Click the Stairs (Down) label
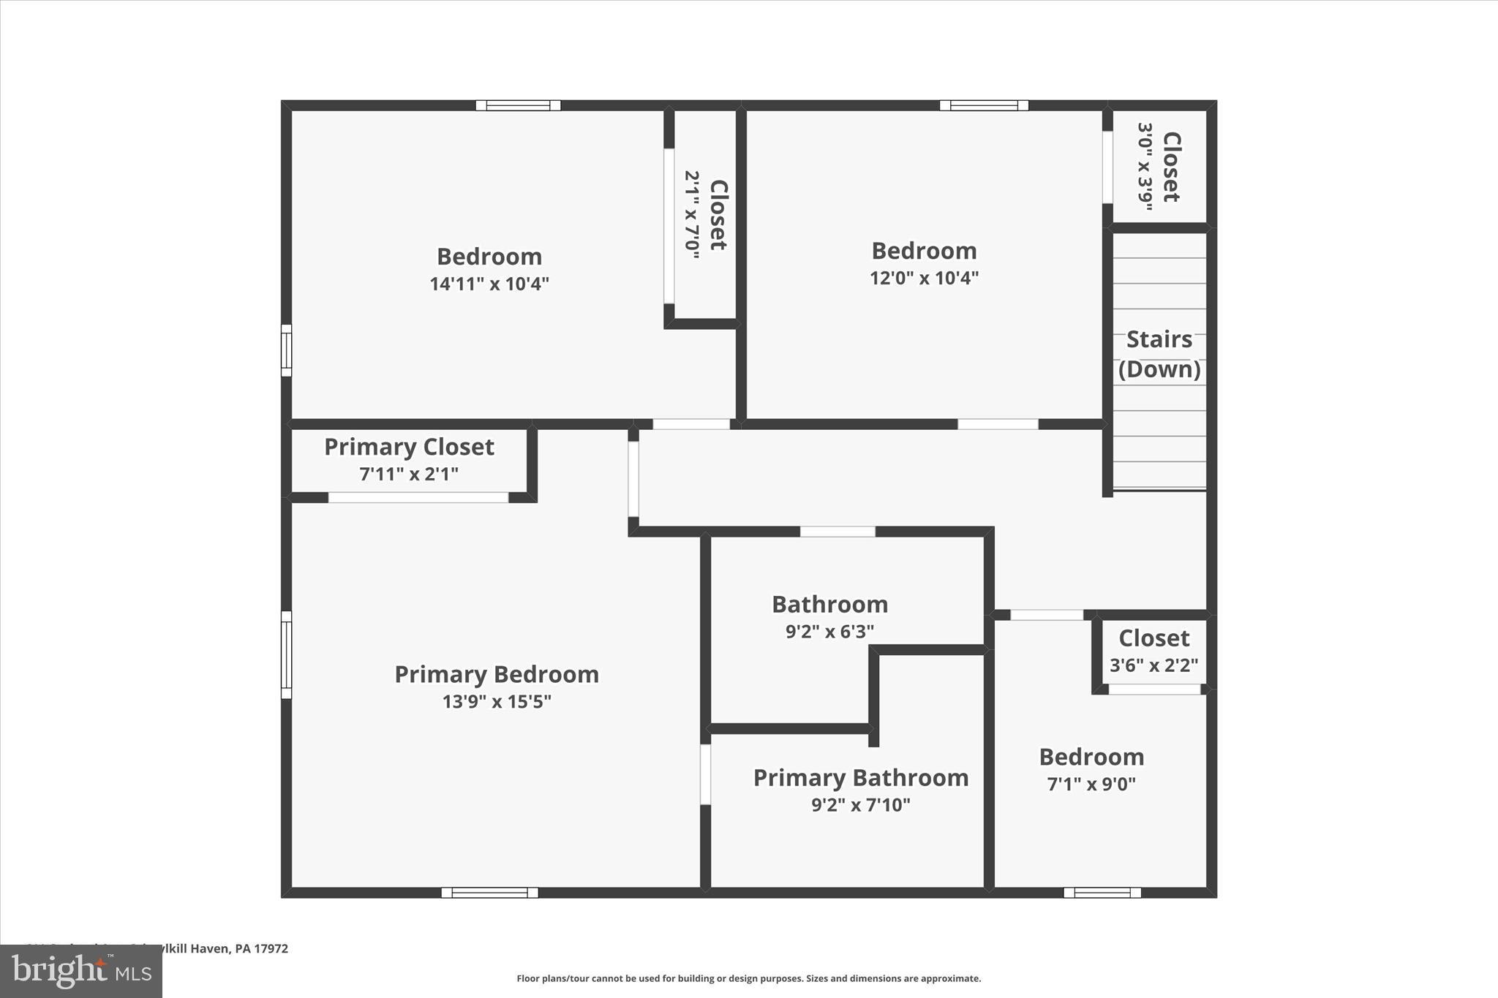[1159, 354]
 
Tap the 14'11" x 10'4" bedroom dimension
[489, 284]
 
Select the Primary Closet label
[409, 447]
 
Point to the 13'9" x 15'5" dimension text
[497, 702]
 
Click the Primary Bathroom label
[861, 778]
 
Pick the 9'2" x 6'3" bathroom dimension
[829, 631]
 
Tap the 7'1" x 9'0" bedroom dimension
[1091, 785]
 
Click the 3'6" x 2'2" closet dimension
[1153, 665]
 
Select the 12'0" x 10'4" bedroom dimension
[924, 278]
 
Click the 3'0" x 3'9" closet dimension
[1145, 167]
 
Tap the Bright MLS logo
[81, 971]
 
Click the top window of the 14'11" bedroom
[518, 105]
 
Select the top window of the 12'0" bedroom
[984, 105]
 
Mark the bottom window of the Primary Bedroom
[489, 893]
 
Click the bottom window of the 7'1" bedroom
[1102, 893]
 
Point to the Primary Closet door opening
[418, 498]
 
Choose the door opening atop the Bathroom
[838, 532]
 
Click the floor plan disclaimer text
[748, 978]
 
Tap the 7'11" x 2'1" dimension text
[409, 474]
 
